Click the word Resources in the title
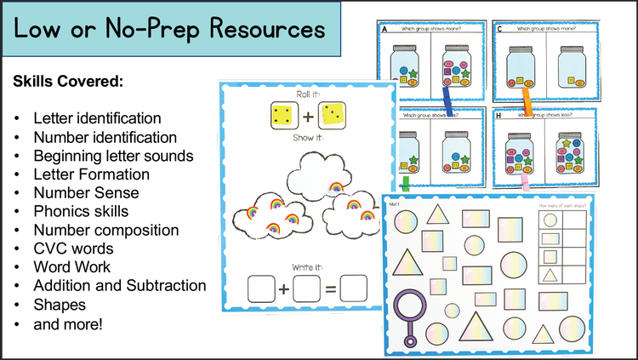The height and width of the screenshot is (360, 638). [x=259, y=31]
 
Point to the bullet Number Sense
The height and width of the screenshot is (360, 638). [x=86, y=192]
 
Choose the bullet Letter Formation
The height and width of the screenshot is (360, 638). [x=92, y=174]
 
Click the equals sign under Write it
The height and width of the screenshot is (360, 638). [x=327, y=289]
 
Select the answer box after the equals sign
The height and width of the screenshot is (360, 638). [x=352, y=289]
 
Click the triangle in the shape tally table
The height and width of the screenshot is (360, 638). [x=550, y=275]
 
